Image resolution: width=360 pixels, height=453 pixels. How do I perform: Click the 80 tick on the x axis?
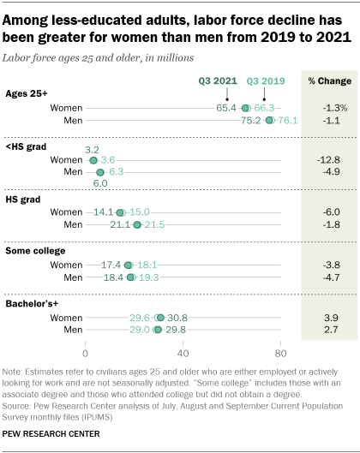click(x=279, y=353)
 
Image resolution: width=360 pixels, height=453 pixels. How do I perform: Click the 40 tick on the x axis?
click(x=183, y=353)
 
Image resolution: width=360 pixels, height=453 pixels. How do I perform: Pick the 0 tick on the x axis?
click(x=86, y=353)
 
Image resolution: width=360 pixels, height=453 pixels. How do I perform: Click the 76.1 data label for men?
click(x=288, y=121)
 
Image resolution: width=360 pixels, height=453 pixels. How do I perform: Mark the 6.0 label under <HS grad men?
click(x=99, y=183)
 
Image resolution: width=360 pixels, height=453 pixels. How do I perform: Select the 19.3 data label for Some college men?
click(x=148, y=277)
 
